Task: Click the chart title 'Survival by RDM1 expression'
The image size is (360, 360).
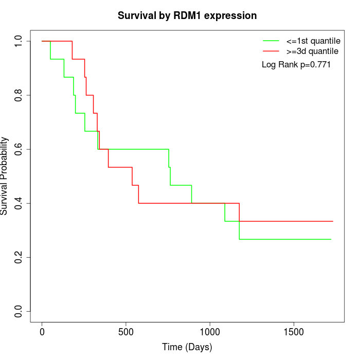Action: [x=187, y=15]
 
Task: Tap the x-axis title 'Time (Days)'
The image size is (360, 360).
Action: [x=187, y=347]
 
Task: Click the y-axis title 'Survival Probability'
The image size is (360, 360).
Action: [x=5, y=176]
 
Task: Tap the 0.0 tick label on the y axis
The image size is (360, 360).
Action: [x=19, y=311]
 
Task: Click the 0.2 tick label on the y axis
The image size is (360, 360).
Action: [x=19, y=257]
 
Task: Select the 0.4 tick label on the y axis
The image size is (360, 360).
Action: [x=19, y=203]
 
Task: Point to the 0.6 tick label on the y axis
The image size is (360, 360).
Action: [x=19, y=149]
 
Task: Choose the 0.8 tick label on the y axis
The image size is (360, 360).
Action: [x=19, y=95]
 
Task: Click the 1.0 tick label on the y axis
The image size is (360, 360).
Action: [x=19, y=41]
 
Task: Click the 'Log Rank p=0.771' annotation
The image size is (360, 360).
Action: [x=296, y=65]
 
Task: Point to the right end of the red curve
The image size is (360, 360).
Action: [x=333, y=221]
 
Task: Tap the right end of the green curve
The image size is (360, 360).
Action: [x=331, y=239]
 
